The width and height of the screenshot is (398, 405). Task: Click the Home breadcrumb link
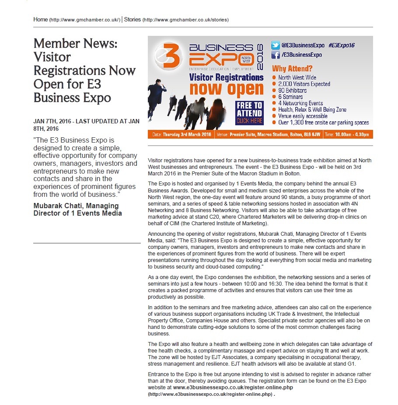pyautogui.click(x=41, y=20)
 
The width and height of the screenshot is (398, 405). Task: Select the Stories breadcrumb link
pyautogui.click(x=133, y=20)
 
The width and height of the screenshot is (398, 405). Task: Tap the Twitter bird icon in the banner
pyautogui.click(x=276, y=45)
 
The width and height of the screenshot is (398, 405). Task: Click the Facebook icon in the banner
pyautogui.click(x=276, y=55)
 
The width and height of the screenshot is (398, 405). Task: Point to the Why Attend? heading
pyautogui.click(x=292, y=68)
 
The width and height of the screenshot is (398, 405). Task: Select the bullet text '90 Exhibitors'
pyautogui.click(x=293, y=91)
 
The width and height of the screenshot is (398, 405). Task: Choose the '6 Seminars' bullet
pyautogui.click(x=290, y=97)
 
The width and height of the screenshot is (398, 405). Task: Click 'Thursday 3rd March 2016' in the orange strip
pyautogui.click(x=187, y=135)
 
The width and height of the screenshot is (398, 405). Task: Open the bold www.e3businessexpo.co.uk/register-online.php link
pyautogui.click(x=233, y=388)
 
